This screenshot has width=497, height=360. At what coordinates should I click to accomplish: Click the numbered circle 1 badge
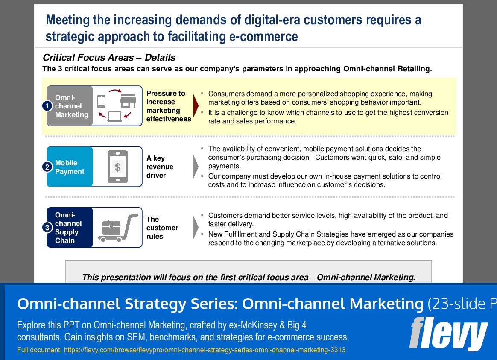[x=47, y=106]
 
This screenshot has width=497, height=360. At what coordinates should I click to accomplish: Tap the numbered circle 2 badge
[x=47, y=167]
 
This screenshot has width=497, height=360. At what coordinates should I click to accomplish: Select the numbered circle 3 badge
[x=47, y=228]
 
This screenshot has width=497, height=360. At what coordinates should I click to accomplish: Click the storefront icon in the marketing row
[x=128, y=100]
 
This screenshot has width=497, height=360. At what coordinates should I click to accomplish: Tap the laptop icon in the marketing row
[x=114, y=116]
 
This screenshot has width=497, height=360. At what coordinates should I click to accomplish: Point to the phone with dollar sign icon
[x=117, y=167]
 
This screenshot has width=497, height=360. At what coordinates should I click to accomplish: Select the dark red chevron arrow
[x=196, y=106]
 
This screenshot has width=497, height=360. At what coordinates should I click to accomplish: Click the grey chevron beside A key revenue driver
[x=196, y=167]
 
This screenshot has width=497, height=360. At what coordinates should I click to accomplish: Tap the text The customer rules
[x=162, y=228]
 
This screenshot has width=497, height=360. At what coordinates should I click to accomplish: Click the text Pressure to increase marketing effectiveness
[x=168, y=106]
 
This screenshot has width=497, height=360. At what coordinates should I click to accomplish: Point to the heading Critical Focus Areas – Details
[x=109, y=58]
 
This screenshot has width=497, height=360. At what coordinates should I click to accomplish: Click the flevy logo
[x=448, y=334]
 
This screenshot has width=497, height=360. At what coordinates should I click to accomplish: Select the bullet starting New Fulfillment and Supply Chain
[x=330, y=238]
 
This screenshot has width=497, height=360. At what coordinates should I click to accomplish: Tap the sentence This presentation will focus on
[x=248, y=277]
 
